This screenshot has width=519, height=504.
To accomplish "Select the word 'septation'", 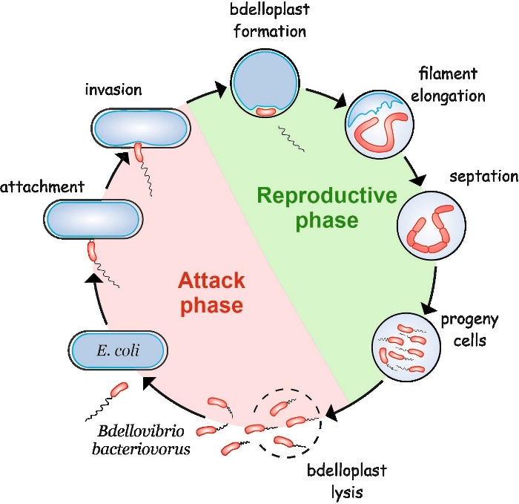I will coord(483,177).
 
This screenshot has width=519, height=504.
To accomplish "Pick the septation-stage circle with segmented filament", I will coord(431,223).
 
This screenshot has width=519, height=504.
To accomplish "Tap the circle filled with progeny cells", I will coord(403,344).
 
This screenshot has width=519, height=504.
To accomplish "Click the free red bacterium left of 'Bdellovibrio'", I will coord(119,390).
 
